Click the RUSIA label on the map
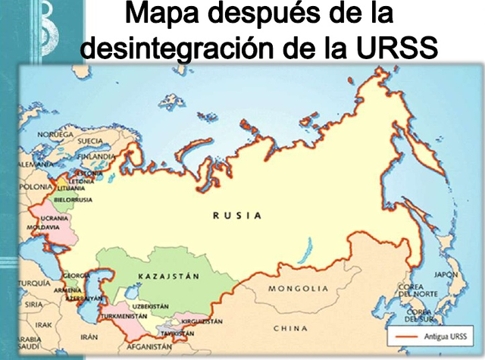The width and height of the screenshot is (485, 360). pyautogui.click(x=237, y=215)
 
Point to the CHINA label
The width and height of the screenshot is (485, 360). pyautogui.click(x=290, y=328)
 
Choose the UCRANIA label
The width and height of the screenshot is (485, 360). pyautogui.click(x=55, y=218)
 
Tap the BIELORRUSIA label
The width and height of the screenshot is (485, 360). pyautogui.click(x=73, y=199)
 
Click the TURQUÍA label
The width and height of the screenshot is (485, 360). pyautogui.click(x=34, y=283)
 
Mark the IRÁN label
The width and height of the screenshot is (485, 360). pyautogui.click(x=89, y=336)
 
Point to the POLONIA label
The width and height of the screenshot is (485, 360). pyautogui.click(x=36, y=186)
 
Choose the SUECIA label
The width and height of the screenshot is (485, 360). pyautogui.click(x=90, y=141)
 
